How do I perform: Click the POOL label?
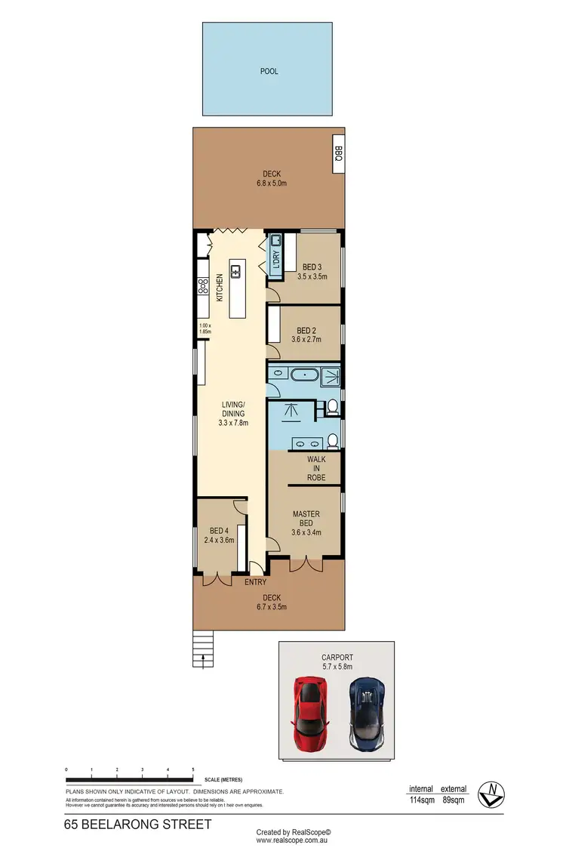pos(269,72)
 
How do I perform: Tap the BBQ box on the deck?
pos(338,154)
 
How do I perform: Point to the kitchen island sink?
pos(236,271)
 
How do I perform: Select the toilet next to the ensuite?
pos(331,408)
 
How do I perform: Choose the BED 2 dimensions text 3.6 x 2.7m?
pos(306,340)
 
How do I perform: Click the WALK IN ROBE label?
pos(316,468)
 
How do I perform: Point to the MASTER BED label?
pos(306,519)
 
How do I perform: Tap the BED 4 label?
pos(219,530)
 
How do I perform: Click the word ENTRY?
pos(254,582)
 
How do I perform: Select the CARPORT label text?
pos(337,658)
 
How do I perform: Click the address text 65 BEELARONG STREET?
pos(138,825)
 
